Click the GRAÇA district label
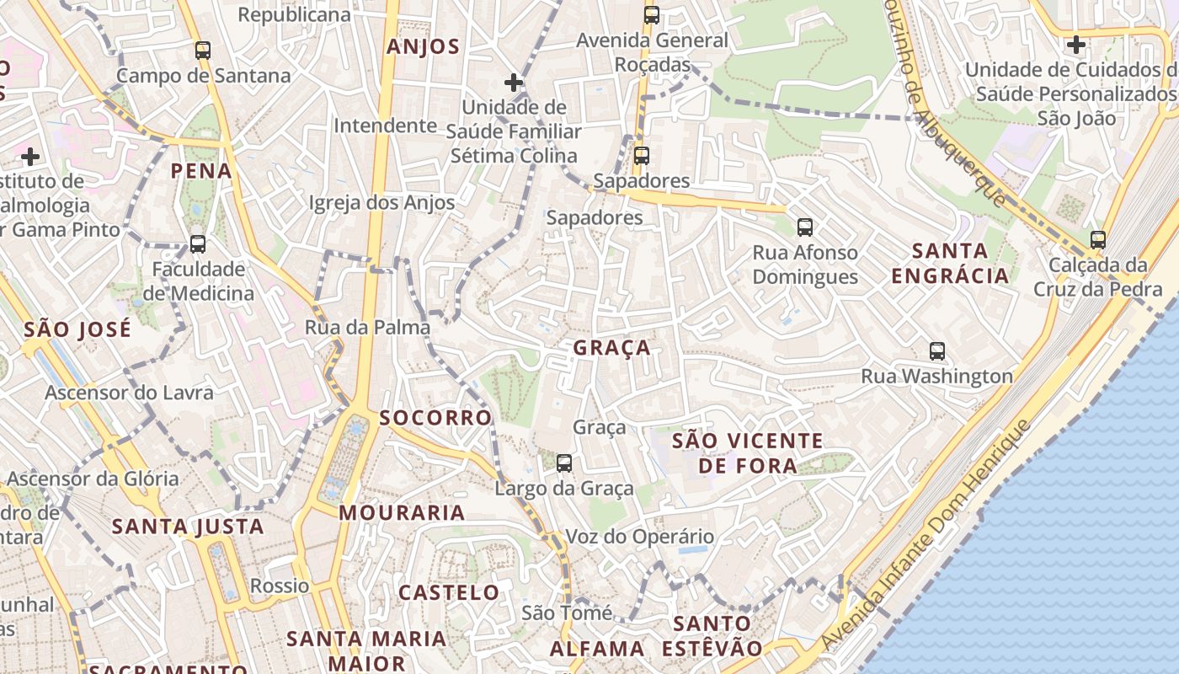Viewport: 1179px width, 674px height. [611, 347]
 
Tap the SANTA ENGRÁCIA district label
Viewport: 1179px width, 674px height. [950, 263]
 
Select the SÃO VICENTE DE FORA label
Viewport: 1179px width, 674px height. [748, 452]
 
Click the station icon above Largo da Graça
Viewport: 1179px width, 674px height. [564, 463]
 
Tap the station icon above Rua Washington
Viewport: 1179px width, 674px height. [937, 351]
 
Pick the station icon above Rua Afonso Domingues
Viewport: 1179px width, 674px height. [805, 227]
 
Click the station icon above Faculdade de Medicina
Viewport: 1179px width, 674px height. [198, 244]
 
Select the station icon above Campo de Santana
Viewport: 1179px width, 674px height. [203, 50]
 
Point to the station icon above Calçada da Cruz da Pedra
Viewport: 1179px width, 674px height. [1097, 239]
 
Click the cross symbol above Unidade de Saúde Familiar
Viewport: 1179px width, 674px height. [514, 83]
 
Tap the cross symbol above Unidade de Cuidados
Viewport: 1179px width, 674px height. [1075, 44]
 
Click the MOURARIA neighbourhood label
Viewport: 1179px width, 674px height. [402, 512]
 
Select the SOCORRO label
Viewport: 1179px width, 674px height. [435, 418]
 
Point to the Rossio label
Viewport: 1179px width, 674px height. [280, 586]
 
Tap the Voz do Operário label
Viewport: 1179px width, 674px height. [639, 537]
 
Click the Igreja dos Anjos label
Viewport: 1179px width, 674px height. [381, 202]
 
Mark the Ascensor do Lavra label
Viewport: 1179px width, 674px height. [129, 393]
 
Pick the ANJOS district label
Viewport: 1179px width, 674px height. [423, 47]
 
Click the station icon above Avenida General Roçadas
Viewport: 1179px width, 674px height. [651, 14]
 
